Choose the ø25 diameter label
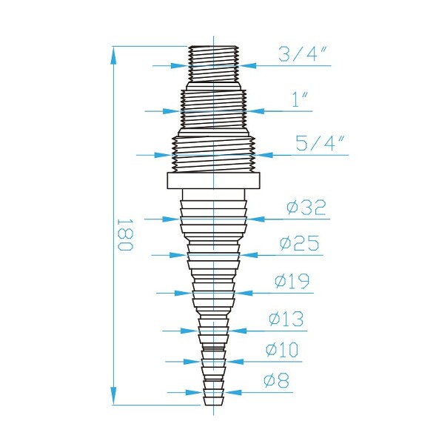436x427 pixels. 300,243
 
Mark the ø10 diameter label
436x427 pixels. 282,348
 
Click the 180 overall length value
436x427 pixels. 124,234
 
